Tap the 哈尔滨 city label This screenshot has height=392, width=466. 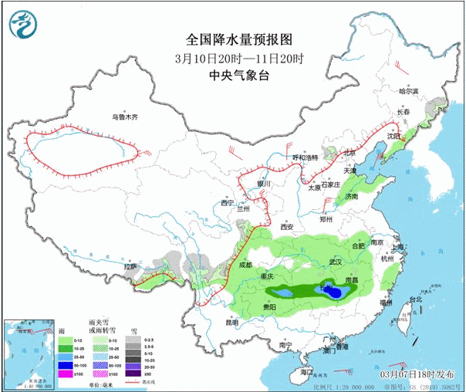click(407, 91)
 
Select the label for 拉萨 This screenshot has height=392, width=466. click(131, 266)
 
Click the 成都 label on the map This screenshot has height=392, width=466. click(245, 265)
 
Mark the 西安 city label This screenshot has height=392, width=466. click(287, 227)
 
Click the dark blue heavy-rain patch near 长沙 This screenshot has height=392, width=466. click(333, 291)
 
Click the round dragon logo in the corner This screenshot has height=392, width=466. click(23, 25)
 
